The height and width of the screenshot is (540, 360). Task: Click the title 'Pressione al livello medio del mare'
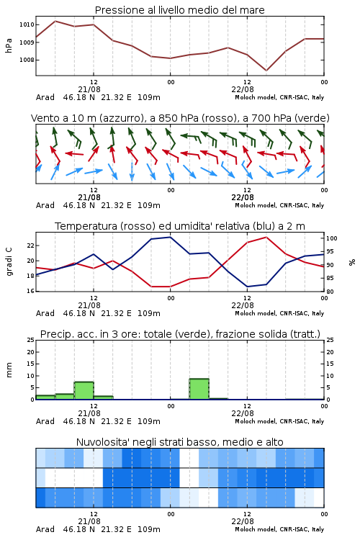pos(179,10)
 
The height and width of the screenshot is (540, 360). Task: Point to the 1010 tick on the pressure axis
pos(27,24)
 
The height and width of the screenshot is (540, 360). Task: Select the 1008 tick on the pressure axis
pos(27,60)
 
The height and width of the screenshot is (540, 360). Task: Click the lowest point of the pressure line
pos(266,71)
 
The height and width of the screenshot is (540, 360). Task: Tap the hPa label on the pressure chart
pos(9,45)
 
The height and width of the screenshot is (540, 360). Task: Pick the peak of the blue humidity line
pos(170,237)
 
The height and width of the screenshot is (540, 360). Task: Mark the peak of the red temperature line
pos(266,237)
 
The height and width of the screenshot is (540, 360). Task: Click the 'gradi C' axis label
pos(9,262)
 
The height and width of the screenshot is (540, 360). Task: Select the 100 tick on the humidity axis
pos(332,238)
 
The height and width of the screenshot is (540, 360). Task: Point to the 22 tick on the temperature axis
pos(30,246)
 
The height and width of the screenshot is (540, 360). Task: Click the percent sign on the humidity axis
pos(352,262)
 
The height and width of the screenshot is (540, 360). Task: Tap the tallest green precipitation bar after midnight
pos(199,389)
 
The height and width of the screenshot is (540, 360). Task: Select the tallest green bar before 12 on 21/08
pos(84,391)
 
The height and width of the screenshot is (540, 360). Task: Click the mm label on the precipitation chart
pos(9,370)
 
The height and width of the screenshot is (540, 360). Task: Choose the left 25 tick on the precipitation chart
pos(30,340)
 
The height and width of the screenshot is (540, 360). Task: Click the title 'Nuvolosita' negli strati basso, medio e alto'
pos(179,442)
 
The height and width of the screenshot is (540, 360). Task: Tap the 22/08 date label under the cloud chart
pos(243,521)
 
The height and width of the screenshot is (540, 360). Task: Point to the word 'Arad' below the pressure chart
pos(45,97)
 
